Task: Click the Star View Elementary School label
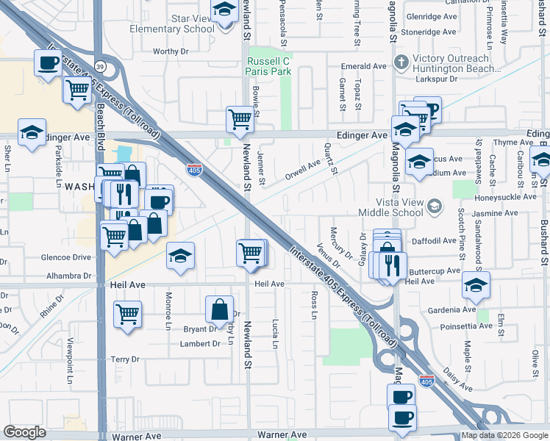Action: (171, 24)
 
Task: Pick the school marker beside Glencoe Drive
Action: (180, 256)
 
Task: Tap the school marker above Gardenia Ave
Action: (476, 284)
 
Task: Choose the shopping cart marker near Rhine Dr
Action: (127, 313)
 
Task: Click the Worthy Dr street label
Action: (171, 51)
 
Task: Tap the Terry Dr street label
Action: (124, 359)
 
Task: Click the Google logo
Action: (25, 432)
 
